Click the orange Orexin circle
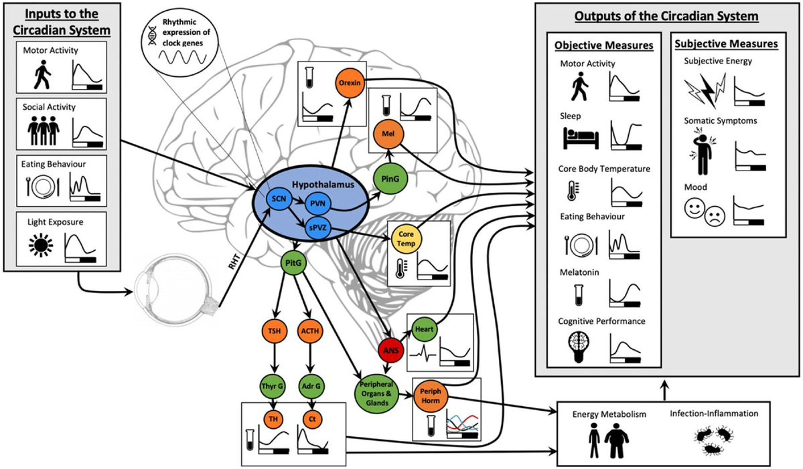point(350,82)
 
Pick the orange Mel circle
point(388,134)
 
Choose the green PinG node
point(390,179)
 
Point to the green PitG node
point(293,264)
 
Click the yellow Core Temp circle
point(406,240)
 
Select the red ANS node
point(390,351)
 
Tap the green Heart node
point(424,329)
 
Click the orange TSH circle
point(274,331)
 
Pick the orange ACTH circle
point(310,331)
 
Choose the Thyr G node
point(273,386)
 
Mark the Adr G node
point(311,386)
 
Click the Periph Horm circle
point(431,396)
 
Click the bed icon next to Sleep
point(581,138)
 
